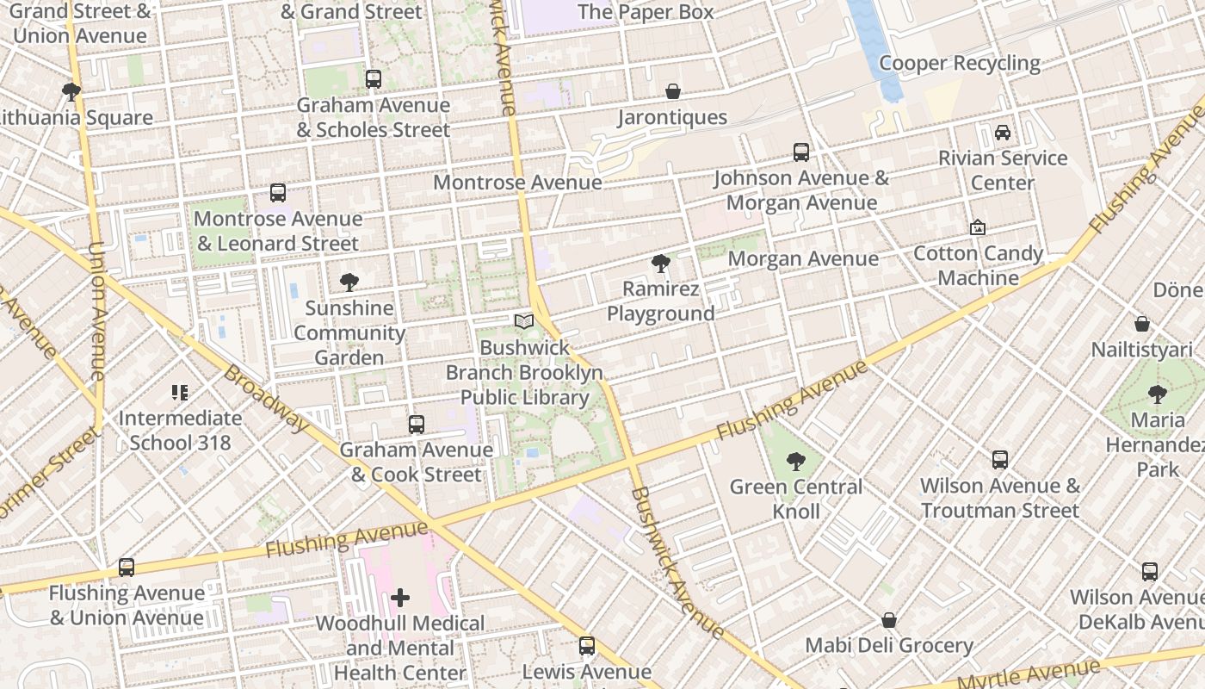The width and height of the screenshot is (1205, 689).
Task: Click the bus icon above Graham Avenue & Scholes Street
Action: point(373,79)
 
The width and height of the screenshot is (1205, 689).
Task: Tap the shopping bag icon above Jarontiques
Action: point(673,91)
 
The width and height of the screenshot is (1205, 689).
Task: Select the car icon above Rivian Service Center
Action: point(1003,133)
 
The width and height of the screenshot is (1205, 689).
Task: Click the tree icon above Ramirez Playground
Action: point(661,264)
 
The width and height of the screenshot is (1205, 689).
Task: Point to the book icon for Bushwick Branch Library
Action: point(523,322)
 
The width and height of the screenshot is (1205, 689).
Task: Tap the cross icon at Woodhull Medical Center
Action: point(400,597)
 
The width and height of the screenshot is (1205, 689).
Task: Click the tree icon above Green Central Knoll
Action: point(796,462)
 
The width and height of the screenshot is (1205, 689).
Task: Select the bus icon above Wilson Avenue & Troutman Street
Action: point(999,460)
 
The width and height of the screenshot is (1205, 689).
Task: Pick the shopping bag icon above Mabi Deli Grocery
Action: point(889,620)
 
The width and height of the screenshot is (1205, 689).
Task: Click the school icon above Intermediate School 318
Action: point(180,393)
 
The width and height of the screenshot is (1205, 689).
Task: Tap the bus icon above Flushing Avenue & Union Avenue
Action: point(127,568)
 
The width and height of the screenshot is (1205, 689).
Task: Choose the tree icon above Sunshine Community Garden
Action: point(349,282)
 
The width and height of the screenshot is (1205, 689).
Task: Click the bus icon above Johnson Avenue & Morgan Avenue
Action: point(801,152)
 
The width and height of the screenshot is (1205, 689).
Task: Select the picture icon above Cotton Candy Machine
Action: point(978,228)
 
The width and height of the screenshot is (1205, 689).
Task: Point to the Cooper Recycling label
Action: point(959,63)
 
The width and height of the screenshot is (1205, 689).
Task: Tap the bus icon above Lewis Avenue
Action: point(587,646)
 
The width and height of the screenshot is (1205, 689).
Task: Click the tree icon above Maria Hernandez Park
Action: point(1158,394)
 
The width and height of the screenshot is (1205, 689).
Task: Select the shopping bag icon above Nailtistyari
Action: point(1142,324)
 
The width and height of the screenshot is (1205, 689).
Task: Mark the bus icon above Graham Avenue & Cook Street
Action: point(417,424)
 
